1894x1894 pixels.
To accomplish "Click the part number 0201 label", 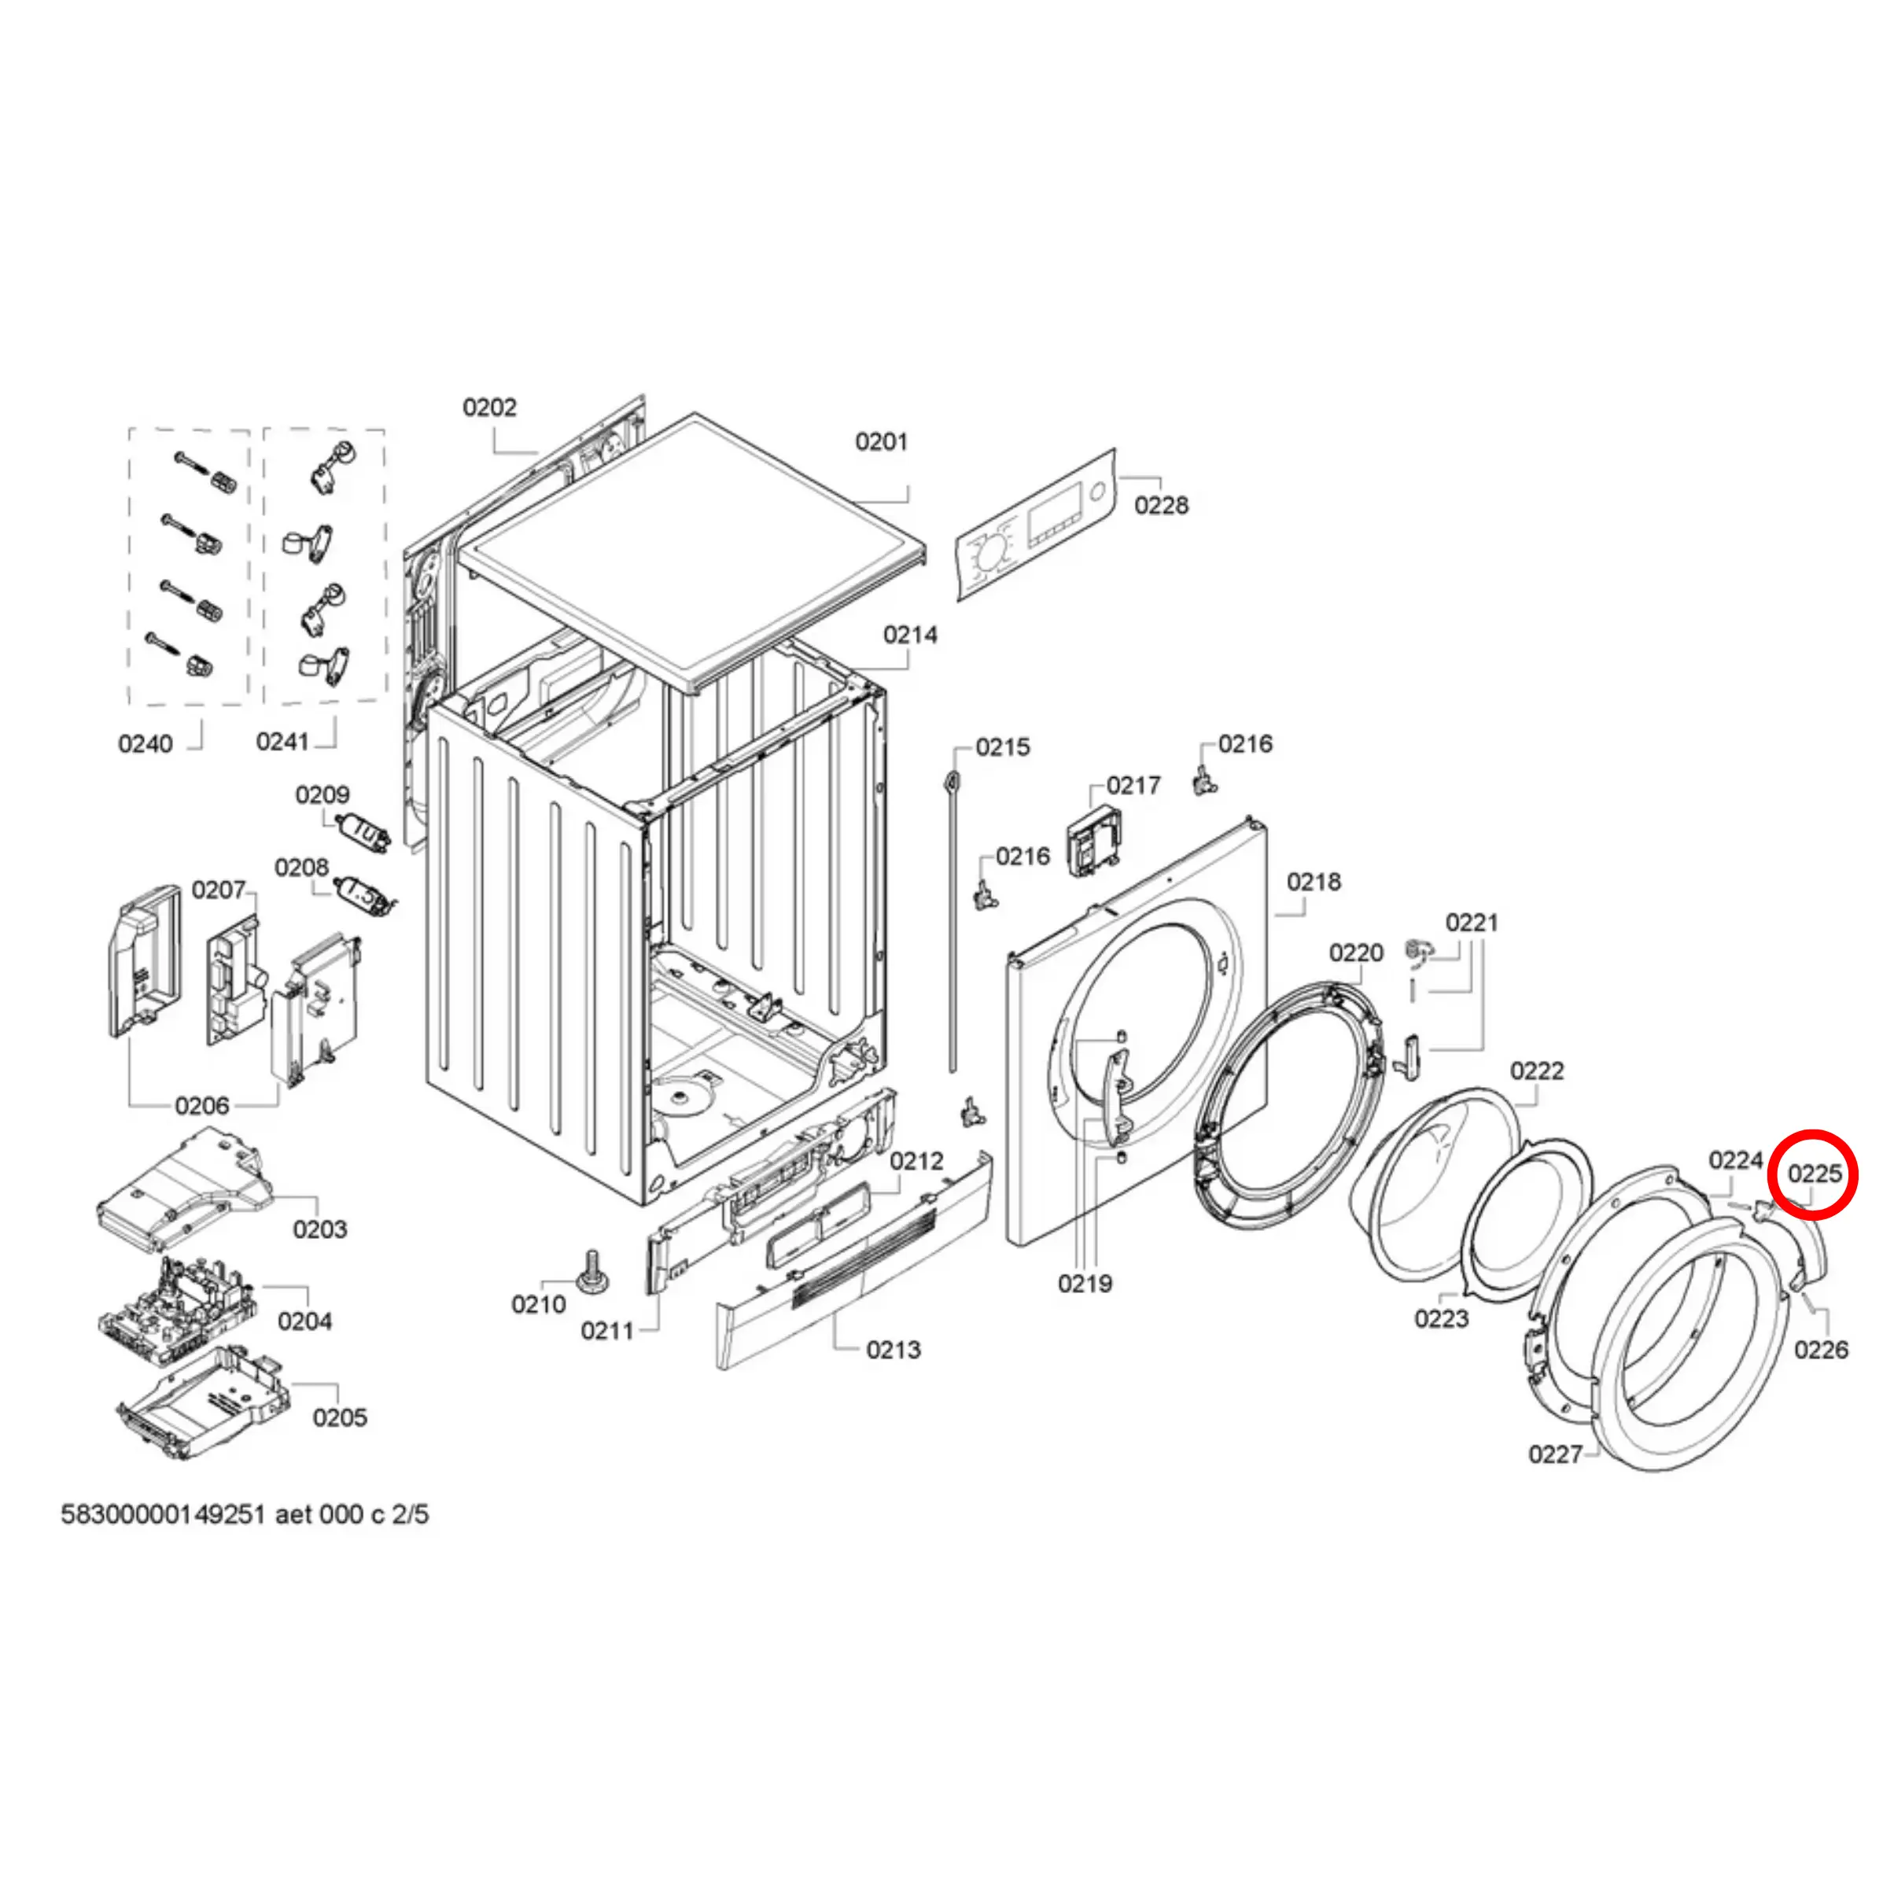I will (880, 442).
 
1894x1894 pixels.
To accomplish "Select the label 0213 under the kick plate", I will (893, 1350).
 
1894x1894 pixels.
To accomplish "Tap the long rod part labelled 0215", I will (951, 922).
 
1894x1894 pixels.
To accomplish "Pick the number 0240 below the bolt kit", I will (145, 744).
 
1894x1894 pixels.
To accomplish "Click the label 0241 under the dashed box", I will (282, 742).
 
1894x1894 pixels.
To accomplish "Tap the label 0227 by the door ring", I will (1555, 1454).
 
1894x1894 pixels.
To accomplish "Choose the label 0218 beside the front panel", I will (1313, 883).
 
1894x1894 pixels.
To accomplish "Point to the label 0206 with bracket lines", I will (202, 1106).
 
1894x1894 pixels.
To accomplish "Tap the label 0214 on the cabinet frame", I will (910, 636).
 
